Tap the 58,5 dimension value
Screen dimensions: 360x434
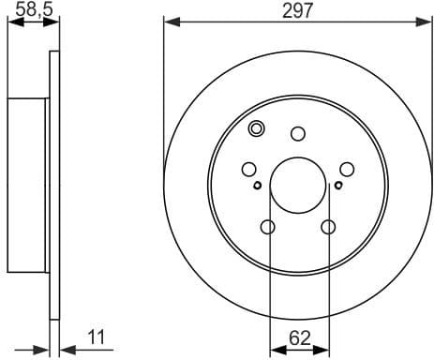click(27, 10)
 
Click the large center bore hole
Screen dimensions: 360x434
click(298, 183)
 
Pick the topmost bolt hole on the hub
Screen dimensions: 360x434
click(298, 133)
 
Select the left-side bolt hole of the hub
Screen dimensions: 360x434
click(249, 169)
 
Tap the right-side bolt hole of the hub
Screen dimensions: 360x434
click(347, 169)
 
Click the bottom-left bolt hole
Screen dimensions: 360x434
click(268, 227)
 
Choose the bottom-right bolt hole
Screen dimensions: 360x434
click(328, 227)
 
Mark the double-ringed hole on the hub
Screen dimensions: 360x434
click(258, 130)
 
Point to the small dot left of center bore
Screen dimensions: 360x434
click(259, 186)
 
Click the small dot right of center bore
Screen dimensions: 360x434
click(337, 186)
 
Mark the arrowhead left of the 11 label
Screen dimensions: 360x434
click(42, 350)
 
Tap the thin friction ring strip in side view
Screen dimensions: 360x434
click(53, 183)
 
